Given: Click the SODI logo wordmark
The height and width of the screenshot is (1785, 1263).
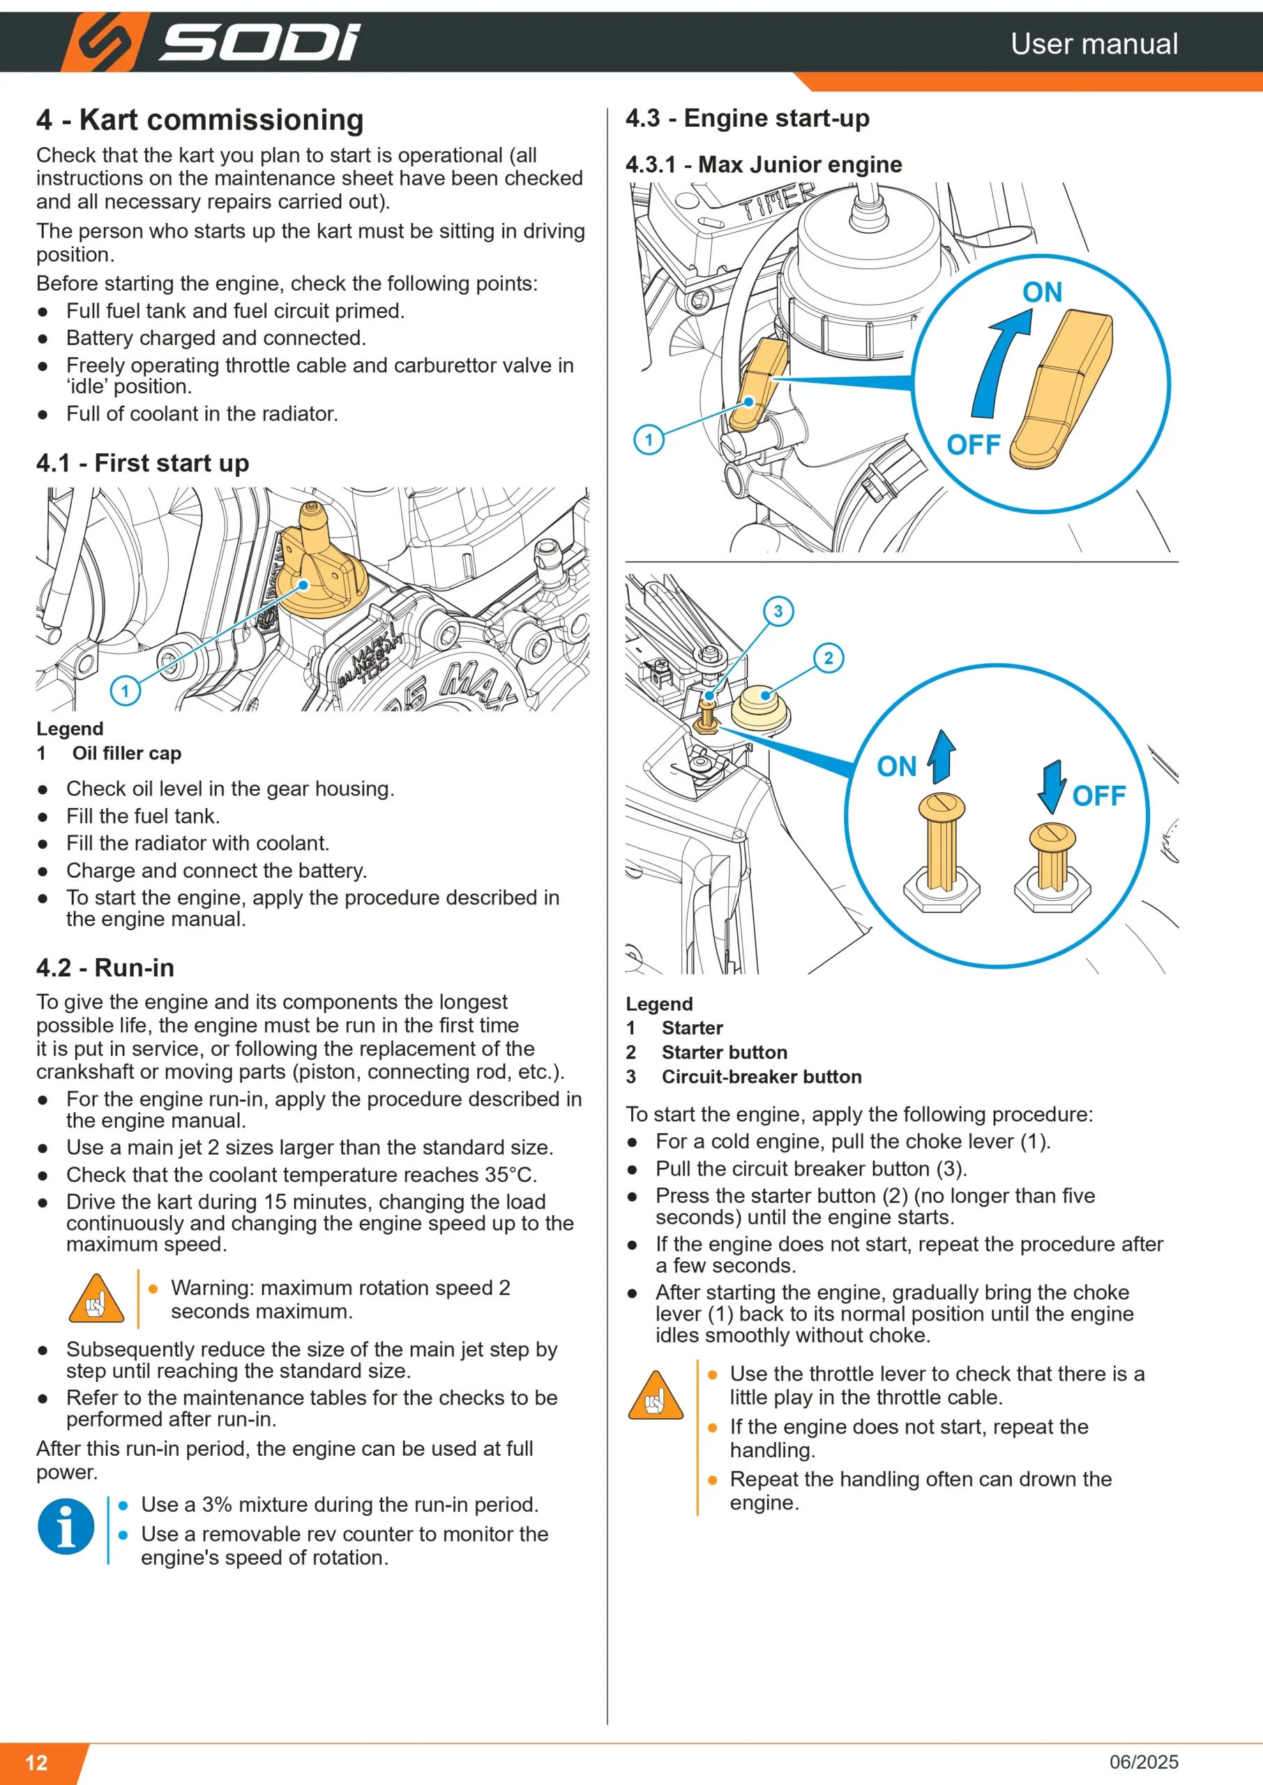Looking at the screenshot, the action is click(259, 43).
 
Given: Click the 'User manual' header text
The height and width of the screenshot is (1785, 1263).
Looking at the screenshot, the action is click(1094, 43).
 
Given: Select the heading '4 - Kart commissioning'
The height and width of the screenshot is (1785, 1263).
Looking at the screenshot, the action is click(200, 120).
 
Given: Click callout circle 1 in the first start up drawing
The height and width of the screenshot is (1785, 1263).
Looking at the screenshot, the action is click(126, 690).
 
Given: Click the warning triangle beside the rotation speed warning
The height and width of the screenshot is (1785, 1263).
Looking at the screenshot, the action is click(96, 1299).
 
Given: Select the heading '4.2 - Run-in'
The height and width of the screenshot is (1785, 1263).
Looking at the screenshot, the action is click(105, 968).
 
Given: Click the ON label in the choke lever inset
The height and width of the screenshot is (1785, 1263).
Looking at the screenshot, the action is click(1042, 292).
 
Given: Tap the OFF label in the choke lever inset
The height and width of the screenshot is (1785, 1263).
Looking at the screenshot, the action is click(973, 445).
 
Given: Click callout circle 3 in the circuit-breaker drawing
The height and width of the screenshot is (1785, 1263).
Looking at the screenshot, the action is click(778, 611).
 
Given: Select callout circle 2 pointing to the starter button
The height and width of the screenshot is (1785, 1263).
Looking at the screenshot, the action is click(829, 658).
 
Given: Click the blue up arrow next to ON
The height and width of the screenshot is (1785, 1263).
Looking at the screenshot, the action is click(941, 756).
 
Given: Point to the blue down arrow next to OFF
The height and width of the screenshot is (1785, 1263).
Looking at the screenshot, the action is click(1052, 787).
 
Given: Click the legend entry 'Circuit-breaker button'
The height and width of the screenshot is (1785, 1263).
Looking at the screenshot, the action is click(762, 1077).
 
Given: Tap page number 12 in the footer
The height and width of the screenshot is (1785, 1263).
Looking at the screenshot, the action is click(36, 1763).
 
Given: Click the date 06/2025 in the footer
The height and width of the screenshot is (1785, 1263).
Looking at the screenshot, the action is click(1143, 1762).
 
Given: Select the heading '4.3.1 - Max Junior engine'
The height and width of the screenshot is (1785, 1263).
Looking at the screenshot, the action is click(764, 165).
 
